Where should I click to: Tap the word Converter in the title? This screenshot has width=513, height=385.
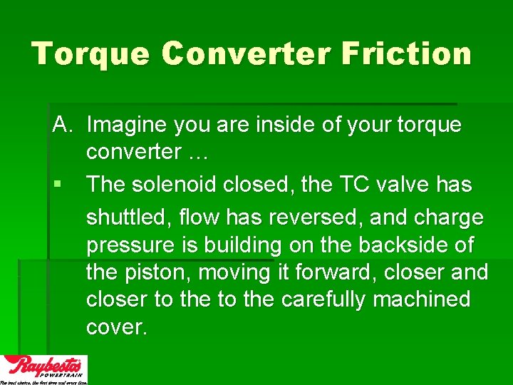[x=249, y=54]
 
